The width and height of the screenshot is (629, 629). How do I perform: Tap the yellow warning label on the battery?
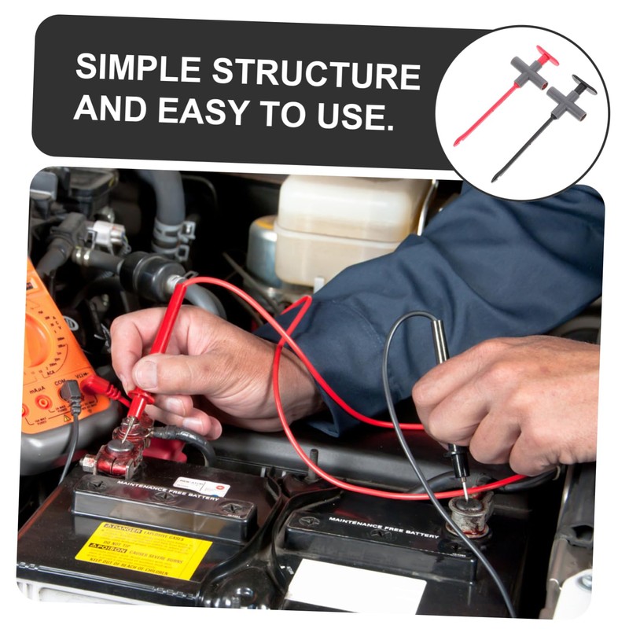142,550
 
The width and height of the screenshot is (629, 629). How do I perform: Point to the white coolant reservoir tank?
346,228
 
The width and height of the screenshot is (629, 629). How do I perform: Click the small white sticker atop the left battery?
201,487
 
